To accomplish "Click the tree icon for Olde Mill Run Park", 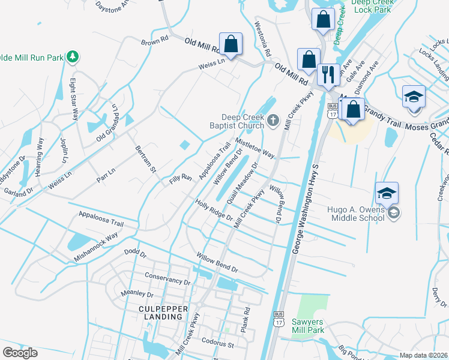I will click(73, 57).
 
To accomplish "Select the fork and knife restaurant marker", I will click(328, 74).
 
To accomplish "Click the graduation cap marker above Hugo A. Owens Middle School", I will click(387, 193).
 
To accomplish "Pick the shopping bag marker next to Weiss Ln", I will click(231, 44).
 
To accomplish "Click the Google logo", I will click(20, 353).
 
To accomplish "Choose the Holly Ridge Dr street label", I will click(214, 210).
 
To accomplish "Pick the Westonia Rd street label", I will click(263, 37).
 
